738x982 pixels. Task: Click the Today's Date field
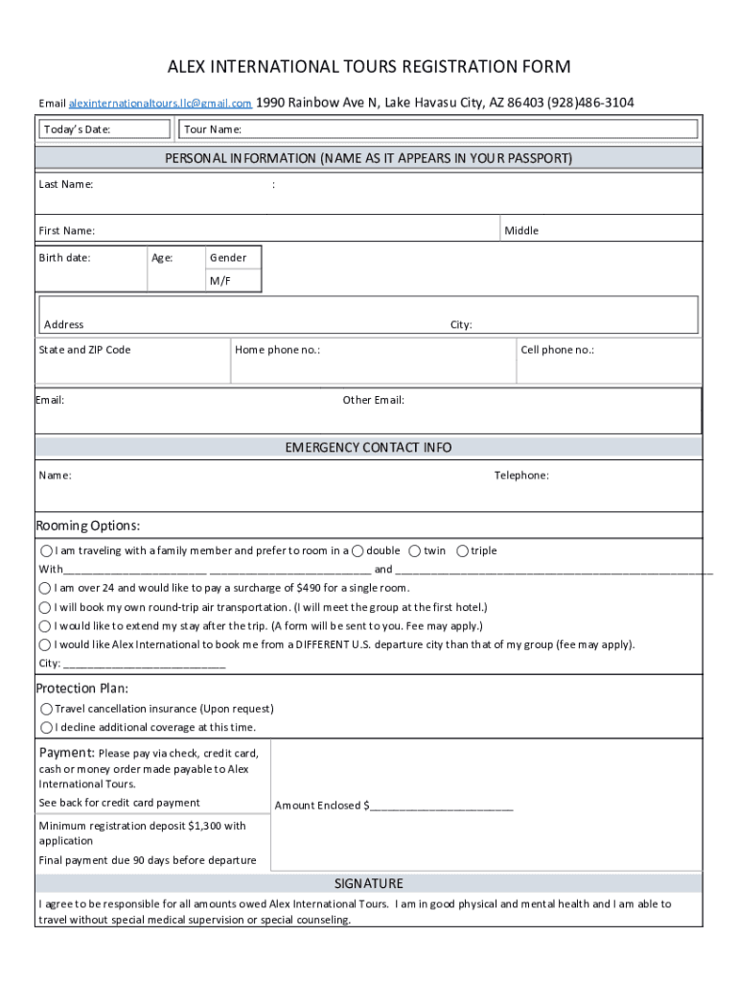(104, 129)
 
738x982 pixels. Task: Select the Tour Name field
(438, 129)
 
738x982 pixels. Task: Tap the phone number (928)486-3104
(590, 103)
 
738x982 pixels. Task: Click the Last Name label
(66, 184)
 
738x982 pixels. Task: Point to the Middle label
(521, 230)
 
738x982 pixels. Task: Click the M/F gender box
(220, 281)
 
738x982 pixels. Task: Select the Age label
(162, 258)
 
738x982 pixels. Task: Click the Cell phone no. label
(557, 350)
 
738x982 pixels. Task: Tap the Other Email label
(373, 400)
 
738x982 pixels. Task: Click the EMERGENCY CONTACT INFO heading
(368, 448)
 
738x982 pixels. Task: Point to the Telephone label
(521, 476)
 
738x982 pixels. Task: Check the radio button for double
(357, 550)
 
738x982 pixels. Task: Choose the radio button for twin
(414, 550)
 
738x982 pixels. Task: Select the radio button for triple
(462, 550)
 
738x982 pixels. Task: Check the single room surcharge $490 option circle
(45, 588)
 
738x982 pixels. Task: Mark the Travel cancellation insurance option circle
(46, 709)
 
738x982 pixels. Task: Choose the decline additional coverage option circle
(46, 727)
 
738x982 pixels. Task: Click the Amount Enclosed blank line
(441, 806)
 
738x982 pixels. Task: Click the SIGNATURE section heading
(368, 883)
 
